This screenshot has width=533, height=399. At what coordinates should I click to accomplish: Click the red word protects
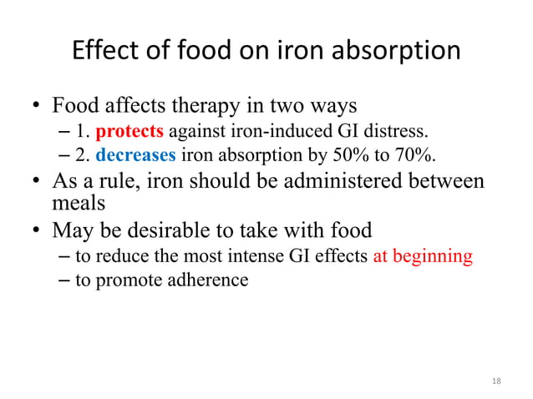click(x=129, y=132)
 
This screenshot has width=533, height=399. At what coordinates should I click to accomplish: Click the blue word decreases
click(x=135, y=154)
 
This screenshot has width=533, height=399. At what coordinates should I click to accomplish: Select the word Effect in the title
click(x=103, y=51)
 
